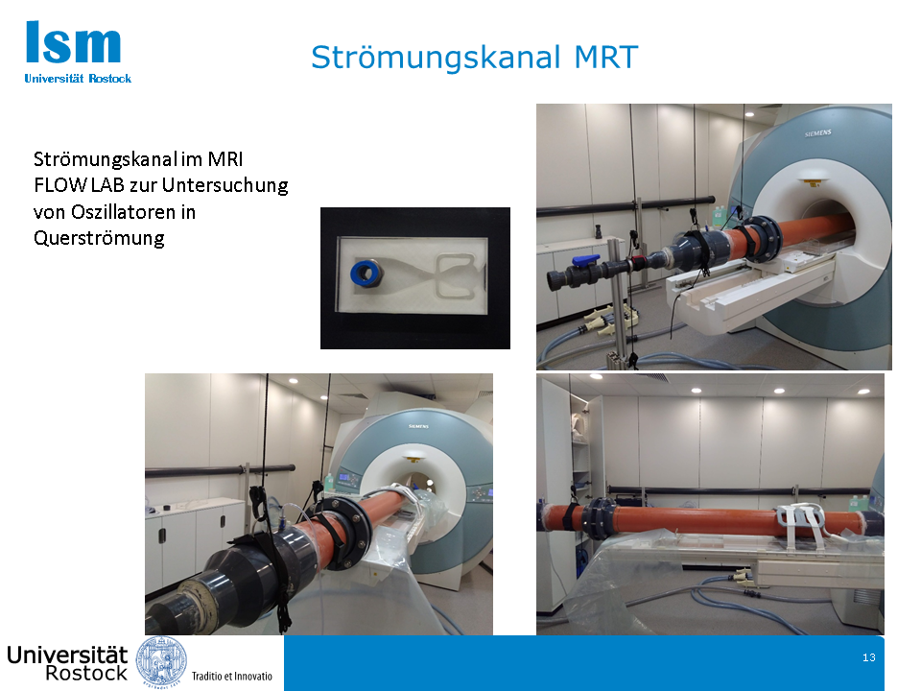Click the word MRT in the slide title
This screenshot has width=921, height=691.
click(x=605, y=57)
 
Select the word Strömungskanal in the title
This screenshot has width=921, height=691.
click(x=436, y=57)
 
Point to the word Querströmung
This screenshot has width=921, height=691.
click(x=99, y=238)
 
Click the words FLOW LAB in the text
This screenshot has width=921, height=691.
click(x=79, y=185)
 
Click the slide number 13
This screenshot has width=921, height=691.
click(x=869, y=657)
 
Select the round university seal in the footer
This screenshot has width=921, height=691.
click(x=161, y=661)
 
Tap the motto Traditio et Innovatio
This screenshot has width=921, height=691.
click(x=232, y=676)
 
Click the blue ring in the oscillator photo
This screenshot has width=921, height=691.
click(x=366, y=272)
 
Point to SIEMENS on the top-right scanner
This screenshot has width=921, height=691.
click(x=817, y=133)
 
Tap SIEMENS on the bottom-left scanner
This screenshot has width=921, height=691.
click(x=418, y=426)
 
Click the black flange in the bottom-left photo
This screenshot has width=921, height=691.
click(x=343, y=533)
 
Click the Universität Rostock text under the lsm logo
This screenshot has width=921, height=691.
click(x=78, y=78)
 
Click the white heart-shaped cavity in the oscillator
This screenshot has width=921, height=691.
click(x=454, y=274)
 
